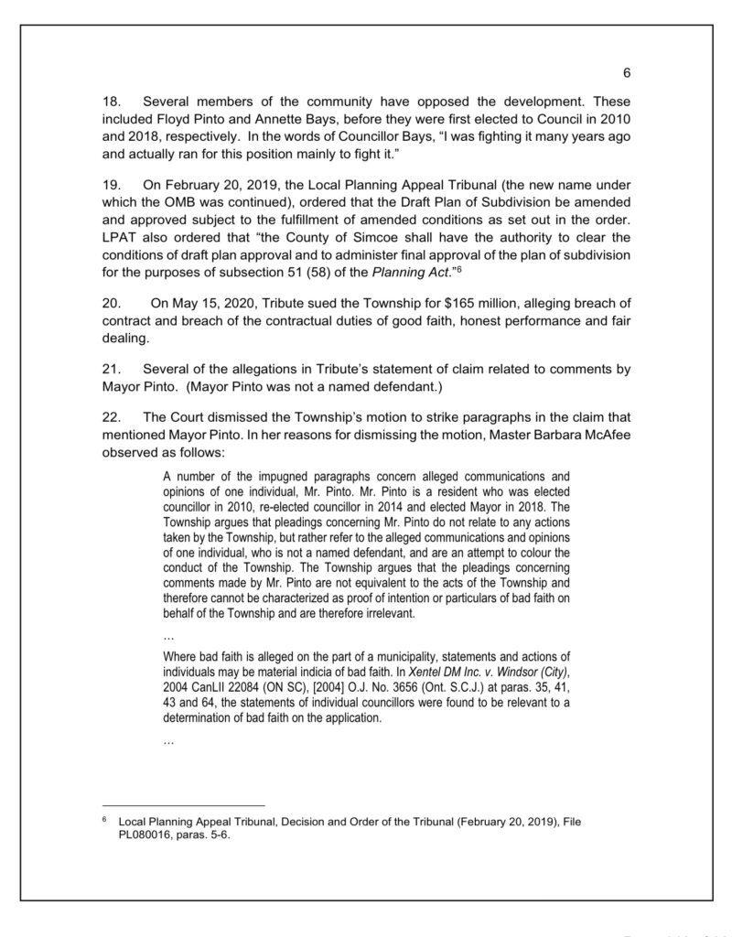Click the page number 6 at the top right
[628, 73]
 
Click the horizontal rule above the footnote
[183, 805]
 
